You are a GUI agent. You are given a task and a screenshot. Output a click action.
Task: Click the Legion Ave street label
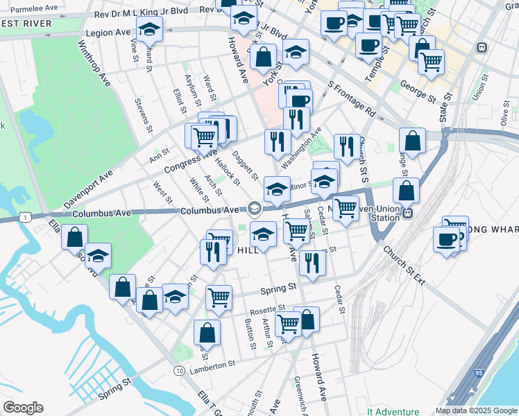108,33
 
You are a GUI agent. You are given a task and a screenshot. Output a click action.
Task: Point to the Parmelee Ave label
29,8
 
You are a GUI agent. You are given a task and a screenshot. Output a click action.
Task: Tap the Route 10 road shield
179,371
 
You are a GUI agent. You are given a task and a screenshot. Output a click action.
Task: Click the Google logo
23,408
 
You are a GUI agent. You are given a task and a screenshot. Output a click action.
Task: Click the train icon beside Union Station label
408,212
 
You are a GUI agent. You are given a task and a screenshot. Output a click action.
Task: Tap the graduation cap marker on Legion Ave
149,30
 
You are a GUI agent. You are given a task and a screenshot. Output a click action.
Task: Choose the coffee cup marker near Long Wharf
447,240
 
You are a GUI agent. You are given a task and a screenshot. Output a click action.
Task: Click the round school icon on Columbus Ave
254,208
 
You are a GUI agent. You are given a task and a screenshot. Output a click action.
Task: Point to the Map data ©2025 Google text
475,410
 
